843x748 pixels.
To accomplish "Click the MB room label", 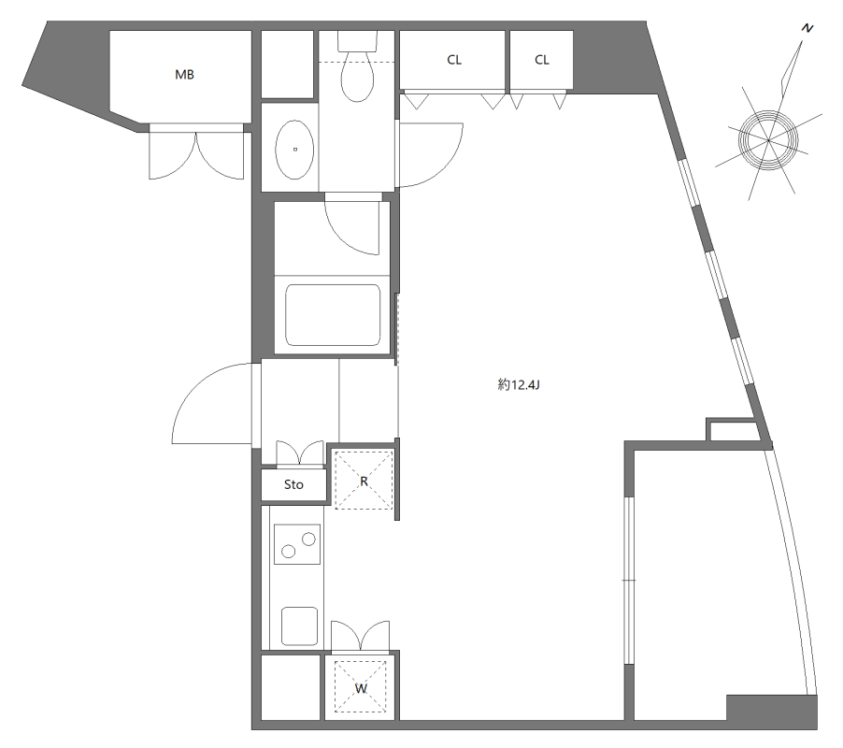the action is [x=184, y=75].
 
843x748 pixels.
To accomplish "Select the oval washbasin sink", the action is [x=294, y=150].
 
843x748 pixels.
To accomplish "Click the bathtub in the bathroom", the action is [x=333, y=315].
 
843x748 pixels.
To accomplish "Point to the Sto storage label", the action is [x=293, y=484].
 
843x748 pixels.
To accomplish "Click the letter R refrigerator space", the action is [x=364, y=482].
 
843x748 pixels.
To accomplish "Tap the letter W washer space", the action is [x=361, y=688].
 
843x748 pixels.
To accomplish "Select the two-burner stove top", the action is [x=297, y=545].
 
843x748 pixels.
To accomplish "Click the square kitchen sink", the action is [x=299, y=626].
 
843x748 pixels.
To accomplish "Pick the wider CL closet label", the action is [x=454, y=60].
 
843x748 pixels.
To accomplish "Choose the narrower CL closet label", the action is [x=542, y=60].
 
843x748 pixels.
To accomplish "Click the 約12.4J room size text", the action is [x=519, y=385].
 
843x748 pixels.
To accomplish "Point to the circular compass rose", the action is [x=768, y=140].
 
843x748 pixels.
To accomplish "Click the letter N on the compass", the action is [x=807, y=28].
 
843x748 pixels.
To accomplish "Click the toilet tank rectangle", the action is [x=358, y=41].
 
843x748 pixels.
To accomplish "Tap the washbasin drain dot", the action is [x=294, y=150].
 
